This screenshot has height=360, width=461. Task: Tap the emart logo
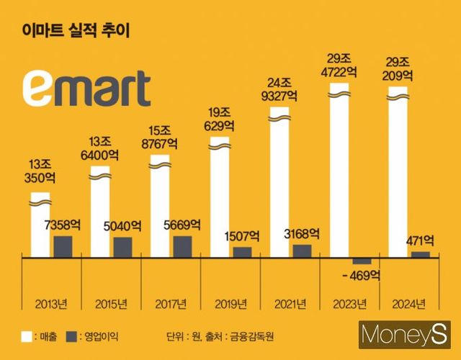[x=86, y=89]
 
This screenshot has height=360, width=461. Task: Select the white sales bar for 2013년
[x=40, y=226]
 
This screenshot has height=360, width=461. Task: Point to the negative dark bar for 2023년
[x=362, y=261]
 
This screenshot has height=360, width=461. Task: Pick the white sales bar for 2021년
[x=282, y=184]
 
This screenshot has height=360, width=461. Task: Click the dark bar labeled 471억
[x=420, y=254]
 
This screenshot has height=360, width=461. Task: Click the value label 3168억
[x=302, y=233]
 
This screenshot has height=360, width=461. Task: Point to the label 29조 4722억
[x=341, y=65]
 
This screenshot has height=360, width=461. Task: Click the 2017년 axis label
[x=171, y=302]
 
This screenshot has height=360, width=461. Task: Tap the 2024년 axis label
[x=409, y=302]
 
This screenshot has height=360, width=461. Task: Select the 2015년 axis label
[x=111, y=302]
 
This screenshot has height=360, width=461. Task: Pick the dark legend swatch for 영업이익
[x=71, y=336]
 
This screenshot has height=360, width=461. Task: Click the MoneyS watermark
[x=406, y=336]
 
